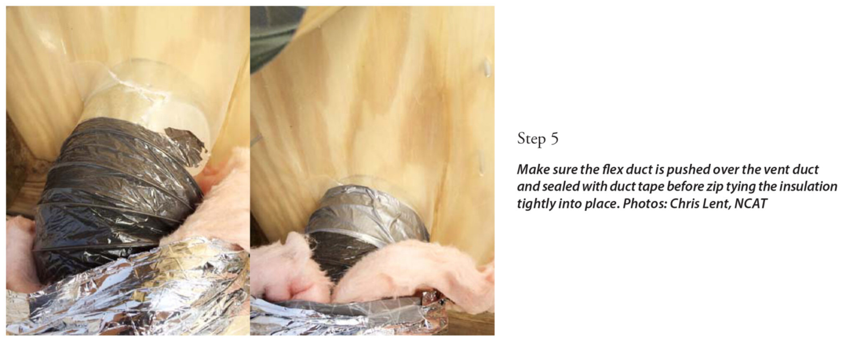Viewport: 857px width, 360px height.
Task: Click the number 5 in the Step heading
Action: [x=554, y=138]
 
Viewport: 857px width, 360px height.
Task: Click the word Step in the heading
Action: [x=531, y=139]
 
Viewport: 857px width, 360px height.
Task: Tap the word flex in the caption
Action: [x=612, y=170]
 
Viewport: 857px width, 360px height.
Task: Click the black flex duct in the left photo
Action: [x=115, y=195]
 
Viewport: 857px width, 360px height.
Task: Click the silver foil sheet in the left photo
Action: [x=130, y=291]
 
